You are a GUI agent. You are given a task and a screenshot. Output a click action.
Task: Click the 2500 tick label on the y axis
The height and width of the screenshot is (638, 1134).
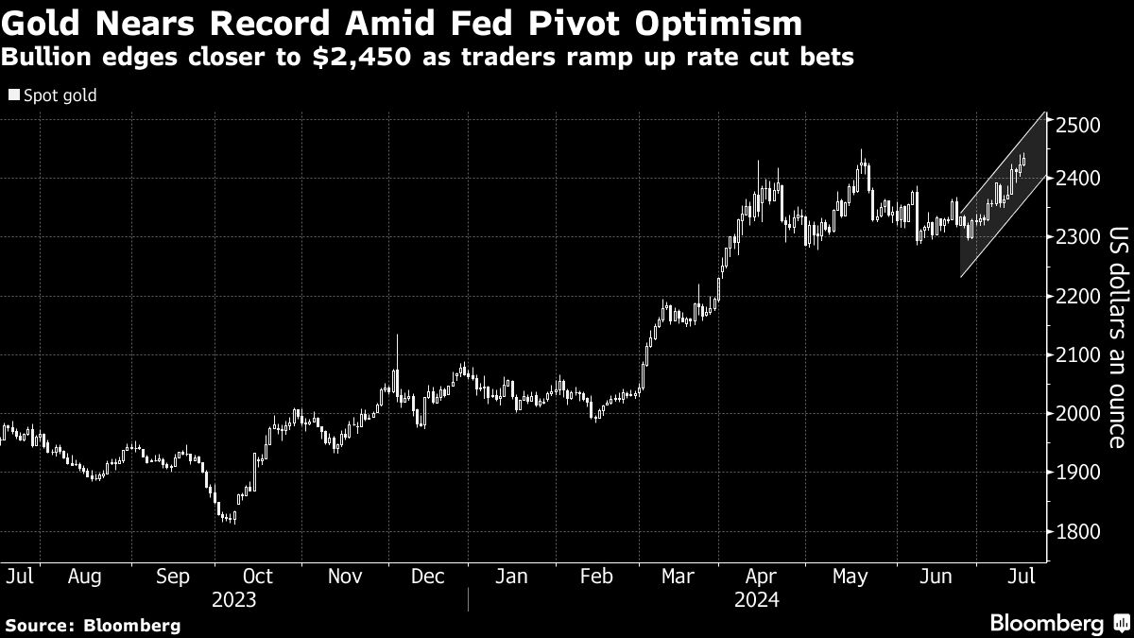point(1077,125)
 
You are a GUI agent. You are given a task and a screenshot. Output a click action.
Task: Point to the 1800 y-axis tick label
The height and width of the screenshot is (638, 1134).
point(1077,531)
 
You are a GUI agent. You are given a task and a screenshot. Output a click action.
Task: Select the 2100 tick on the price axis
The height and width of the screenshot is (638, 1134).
point(1077,355)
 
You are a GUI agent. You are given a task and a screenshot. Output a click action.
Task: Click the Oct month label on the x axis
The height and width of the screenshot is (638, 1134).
point(257,576)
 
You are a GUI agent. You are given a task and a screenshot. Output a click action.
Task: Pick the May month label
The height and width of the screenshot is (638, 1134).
point(850,576)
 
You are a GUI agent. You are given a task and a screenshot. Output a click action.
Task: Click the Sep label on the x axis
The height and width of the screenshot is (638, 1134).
point(171,576)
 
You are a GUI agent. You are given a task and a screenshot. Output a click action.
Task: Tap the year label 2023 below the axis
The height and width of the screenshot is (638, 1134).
point(234,599)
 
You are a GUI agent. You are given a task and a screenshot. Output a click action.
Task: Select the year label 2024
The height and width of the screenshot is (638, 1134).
point(756,599)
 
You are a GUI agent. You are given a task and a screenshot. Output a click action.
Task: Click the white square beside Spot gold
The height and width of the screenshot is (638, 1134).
point(14,95)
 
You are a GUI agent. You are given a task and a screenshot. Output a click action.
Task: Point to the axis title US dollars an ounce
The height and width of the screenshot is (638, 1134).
point(1117,336)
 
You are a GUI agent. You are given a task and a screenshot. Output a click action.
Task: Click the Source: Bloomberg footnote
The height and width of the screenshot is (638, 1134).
point(93,625)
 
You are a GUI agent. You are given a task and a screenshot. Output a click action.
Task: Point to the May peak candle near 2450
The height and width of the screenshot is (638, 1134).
point(861,156)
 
